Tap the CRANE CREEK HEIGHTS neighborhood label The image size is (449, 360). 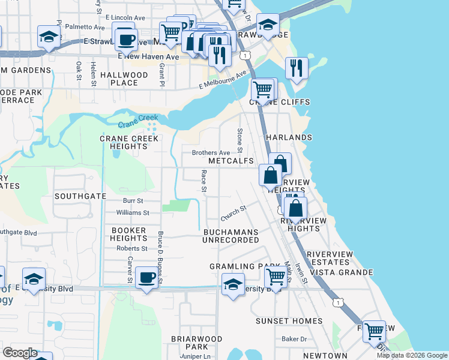click(129, 142)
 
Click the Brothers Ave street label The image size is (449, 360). click(211, 153)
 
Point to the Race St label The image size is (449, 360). click(204, 181)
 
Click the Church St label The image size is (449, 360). click(234, 213)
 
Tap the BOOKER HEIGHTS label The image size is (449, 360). click(129, 234)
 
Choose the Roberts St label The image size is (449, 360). click(132, 248)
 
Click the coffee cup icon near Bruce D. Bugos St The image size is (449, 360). click(146, 277)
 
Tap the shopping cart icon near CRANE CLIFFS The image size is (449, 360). click(262, 90)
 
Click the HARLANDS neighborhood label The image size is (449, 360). click(289, 137)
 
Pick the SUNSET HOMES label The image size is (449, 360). click(289, 321)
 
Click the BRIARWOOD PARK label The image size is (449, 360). click(188, 343)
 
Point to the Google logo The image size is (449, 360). click(19, 353)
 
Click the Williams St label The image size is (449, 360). click(133, 213)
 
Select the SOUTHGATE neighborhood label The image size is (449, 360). click(80, 196)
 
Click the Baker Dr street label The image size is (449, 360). click(294, 339)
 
